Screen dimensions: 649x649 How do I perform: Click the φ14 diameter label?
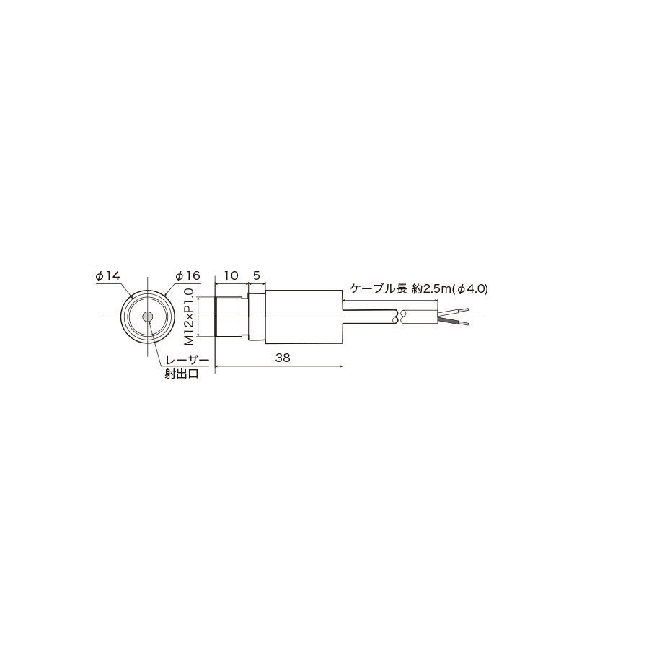pos(108,275)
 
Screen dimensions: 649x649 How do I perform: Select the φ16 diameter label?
pos(187,275)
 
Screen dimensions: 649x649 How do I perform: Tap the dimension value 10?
pos(231,275)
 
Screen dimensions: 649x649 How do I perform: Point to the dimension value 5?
pos(256,275)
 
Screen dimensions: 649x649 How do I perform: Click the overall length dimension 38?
pos(283,358)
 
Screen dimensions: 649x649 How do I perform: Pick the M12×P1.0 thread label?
pos(189,317)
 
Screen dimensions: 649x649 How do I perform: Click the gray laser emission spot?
pos(147,317)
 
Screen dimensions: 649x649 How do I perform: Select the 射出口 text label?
pos(182,374)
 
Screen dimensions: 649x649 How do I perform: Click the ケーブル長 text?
pos(379,288)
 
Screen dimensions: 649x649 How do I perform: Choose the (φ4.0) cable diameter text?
pos(469,289)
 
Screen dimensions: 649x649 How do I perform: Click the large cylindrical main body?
pos(304,317)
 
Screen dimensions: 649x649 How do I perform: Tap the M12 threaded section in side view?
pos(231,317)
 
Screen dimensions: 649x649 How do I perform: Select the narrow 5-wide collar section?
pos(257,317)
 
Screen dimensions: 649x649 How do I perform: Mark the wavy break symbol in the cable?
pos(400,317)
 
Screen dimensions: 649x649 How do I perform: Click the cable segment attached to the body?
pos(370,317)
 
